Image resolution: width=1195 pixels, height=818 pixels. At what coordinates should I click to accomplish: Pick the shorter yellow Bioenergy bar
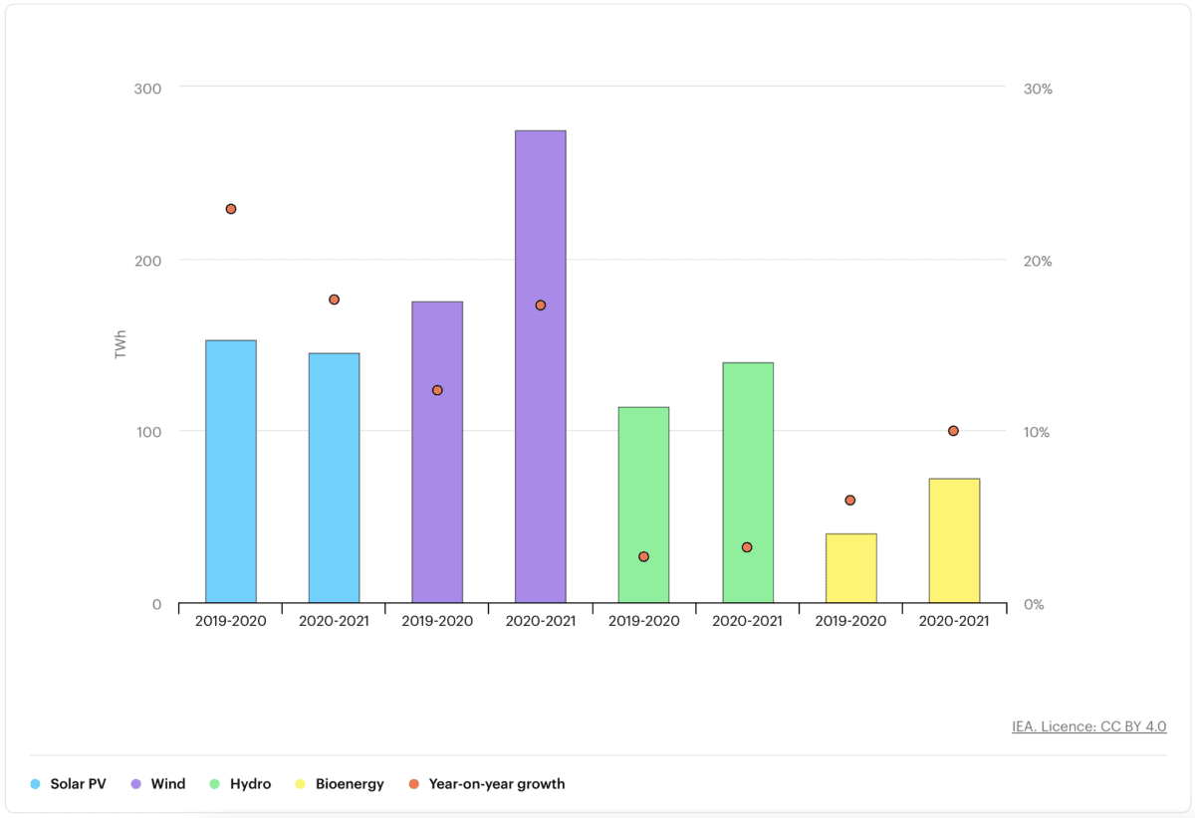(850, 568)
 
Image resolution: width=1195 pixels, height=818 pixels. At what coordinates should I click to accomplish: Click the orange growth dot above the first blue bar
(231, 209)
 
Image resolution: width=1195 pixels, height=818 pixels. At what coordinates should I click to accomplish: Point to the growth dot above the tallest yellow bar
(953, 431)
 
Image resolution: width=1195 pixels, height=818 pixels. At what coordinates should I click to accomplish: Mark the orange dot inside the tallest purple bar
(541, 306)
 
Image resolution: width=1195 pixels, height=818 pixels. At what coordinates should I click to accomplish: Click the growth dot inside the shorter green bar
(644, 556)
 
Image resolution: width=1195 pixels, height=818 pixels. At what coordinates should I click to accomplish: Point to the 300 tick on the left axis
(147, 88)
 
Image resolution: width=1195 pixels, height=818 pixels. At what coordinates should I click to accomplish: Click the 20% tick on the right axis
(1038, 261)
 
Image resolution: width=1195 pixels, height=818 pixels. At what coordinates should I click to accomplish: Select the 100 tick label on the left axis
(147, 432)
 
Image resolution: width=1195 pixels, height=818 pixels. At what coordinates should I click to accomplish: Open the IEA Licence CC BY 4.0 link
(1088, 726)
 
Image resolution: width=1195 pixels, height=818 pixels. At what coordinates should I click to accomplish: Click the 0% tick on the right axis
(1034, 604)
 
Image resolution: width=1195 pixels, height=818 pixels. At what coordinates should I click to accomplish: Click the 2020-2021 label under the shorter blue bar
(334, 621)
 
